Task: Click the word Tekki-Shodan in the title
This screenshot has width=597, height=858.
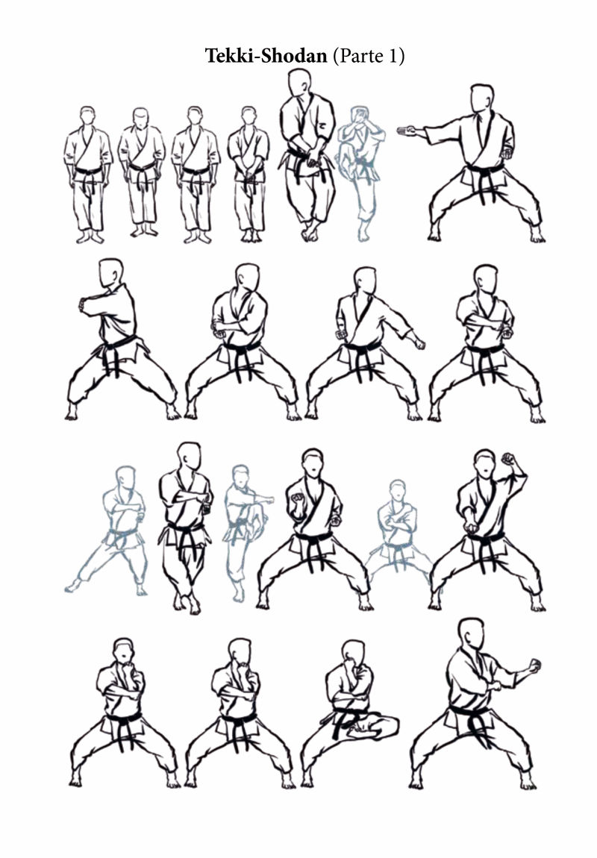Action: click(266, 56)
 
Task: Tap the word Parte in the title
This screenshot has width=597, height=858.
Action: click(360, 56)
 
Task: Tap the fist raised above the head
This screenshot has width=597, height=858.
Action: click(510, 459)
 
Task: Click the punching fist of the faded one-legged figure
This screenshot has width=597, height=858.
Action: click(268, 500)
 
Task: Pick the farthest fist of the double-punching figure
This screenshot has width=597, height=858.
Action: click(534, 666)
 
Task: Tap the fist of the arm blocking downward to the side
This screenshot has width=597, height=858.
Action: click(419, 343)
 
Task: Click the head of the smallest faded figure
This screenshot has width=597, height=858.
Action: click(398, 489)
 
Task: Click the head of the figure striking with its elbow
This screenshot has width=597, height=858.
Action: click(110, 273)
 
